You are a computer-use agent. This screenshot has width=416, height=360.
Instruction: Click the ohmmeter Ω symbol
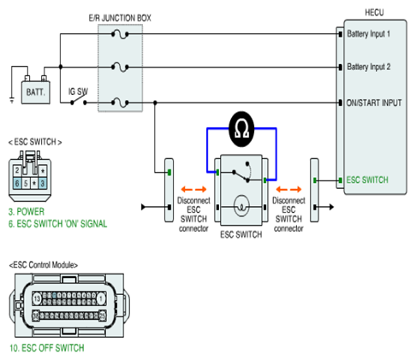coord(241,129)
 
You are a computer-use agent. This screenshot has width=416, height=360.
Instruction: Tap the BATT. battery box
coord(36,91)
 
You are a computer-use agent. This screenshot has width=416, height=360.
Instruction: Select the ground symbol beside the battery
coord(12,100)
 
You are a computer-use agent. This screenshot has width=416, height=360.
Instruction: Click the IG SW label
coord(78,91)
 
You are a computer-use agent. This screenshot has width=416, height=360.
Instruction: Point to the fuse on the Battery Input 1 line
coord(120,34)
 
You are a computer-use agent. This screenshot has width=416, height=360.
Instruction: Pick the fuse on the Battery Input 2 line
coord(120,68)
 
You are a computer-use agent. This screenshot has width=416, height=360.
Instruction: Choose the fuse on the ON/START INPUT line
coord(120,103)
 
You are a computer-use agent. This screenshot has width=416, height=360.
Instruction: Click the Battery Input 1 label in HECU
coord(368,34)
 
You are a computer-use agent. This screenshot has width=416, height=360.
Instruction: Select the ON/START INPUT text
coord(374,103)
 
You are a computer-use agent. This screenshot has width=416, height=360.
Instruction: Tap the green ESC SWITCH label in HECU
coord(367,180)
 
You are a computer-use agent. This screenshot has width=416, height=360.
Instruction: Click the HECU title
coord(374,13)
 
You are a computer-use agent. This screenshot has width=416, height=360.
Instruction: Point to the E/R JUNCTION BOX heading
coord(120,18)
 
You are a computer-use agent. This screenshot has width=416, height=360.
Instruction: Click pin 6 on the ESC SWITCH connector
coord(17,183)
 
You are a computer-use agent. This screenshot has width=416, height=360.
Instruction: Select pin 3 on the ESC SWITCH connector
coord(43,183)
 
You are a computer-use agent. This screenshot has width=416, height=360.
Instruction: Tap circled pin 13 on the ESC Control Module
coord(37,299)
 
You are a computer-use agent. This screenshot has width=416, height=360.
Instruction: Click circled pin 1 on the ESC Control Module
coord(100,299)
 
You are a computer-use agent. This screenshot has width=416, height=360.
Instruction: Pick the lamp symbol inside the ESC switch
coord(241,206)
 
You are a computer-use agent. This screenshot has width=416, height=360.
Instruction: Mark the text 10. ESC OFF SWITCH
coord(47,348)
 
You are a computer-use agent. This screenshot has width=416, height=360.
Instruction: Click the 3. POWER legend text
coord(27,212)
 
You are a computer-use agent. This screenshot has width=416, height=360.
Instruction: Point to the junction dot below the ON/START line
coord(155,103)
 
